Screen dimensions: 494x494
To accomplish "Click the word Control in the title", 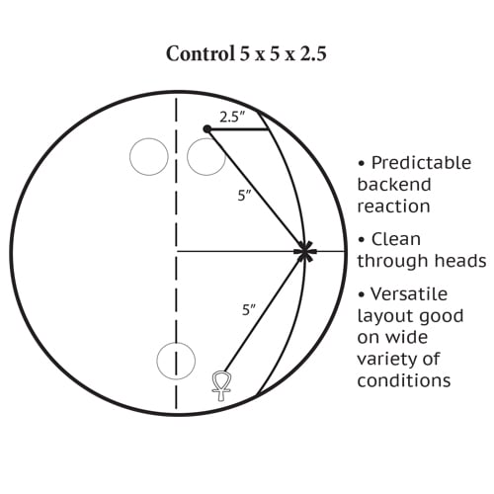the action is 200,53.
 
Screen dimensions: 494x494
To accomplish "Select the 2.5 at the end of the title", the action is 313,53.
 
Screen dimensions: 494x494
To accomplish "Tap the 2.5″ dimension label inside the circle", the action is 233,117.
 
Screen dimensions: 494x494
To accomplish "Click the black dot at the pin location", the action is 207,128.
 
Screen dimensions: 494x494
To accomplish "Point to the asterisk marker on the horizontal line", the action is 305,251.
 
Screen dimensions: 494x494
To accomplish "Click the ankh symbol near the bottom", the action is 221,385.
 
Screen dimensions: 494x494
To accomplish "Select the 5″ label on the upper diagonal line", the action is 245,196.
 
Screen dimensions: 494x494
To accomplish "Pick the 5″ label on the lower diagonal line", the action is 249,310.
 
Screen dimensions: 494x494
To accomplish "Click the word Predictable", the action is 421,163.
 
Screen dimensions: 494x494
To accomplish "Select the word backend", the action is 394,184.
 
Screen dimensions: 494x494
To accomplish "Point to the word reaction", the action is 394,206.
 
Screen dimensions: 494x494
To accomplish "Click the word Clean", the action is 396,239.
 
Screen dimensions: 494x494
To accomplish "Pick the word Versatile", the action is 409,293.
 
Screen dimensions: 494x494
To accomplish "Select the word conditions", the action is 404,380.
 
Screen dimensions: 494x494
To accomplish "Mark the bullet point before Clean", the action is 362,239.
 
